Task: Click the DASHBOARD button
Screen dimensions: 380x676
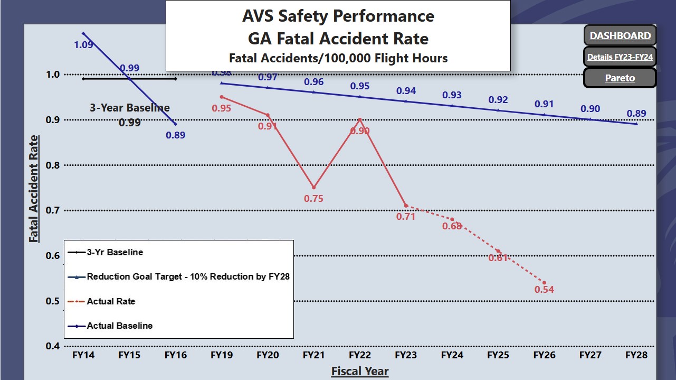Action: point(620,36)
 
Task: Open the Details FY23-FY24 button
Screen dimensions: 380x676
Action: point(620,57)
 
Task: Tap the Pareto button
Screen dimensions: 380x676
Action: point(620,78)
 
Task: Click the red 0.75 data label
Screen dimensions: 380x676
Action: point(313,199)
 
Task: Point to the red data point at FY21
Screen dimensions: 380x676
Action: point(313,188)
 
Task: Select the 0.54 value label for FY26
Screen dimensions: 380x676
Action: point(544,290)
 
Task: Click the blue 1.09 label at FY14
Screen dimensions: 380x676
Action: point(83,45)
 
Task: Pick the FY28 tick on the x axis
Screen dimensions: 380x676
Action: point(636,355)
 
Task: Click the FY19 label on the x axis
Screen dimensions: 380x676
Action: point(221,355)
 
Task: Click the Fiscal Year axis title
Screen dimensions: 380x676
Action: point(360,372)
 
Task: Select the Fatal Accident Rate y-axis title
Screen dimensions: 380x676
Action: point(34,189)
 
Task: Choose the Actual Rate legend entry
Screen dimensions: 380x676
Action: point(111,301)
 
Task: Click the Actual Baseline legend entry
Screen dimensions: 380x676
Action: point(119,326)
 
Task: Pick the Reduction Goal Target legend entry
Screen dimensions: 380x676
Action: point(188,276)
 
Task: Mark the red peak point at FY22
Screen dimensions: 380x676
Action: point(359,119)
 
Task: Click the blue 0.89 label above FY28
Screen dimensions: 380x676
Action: point(636,113)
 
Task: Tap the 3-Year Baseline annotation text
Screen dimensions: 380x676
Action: point(129,108)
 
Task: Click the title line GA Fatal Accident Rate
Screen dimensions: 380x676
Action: point(338,39)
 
